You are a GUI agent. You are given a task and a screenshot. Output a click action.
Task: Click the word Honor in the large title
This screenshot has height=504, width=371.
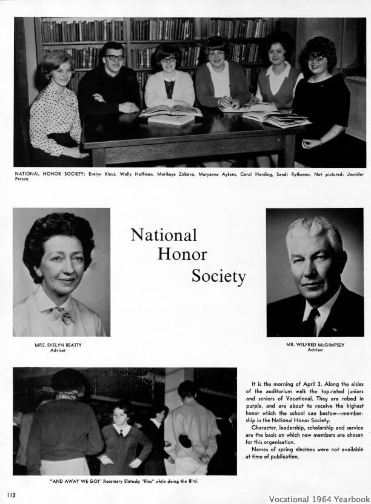[182, 254]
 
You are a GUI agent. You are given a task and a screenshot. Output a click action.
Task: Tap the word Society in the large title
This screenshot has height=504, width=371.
[218, 276]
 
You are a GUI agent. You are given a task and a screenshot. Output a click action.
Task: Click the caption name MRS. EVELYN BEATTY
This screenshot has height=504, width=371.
[58, 345]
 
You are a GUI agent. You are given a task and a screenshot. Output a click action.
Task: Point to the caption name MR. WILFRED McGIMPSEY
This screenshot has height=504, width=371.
[315, 345]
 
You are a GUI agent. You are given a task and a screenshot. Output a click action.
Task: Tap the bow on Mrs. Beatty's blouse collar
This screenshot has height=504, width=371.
[64, 315]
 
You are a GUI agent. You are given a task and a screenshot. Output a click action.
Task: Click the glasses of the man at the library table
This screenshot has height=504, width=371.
[115, 58]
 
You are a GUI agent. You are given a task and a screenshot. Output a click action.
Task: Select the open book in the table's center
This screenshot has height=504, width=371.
[170, 111]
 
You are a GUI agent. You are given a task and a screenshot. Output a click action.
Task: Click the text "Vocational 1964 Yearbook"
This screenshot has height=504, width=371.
[318, 499]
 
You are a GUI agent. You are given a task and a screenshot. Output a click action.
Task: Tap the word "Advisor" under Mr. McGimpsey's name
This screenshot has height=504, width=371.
[315, 350]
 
